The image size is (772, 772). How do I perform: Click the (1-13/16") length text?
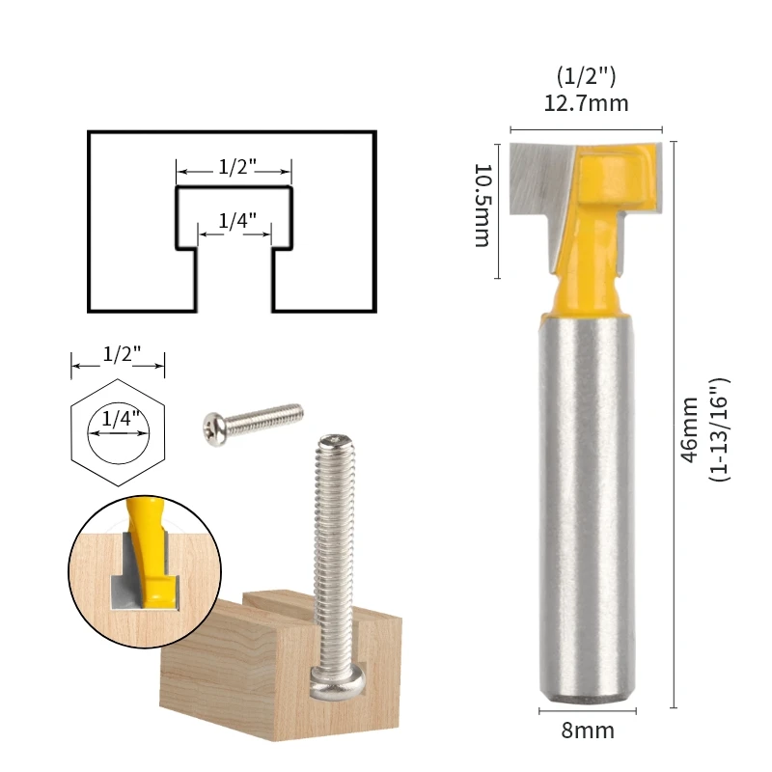(720, 429)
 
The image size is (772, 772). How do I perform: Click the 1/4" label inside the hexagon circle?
(119, 421)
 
